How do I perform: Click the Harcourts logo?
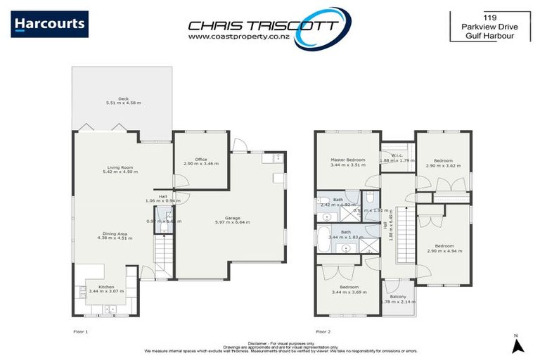(50, 24)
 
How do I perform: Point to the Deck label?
(123, 98)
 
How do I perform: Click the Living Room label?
(123, 167)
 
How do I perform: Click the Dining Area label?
(114, 233)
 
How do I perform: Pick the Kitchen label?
(105, 286)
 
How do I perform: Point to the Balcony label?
(398, 297)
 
